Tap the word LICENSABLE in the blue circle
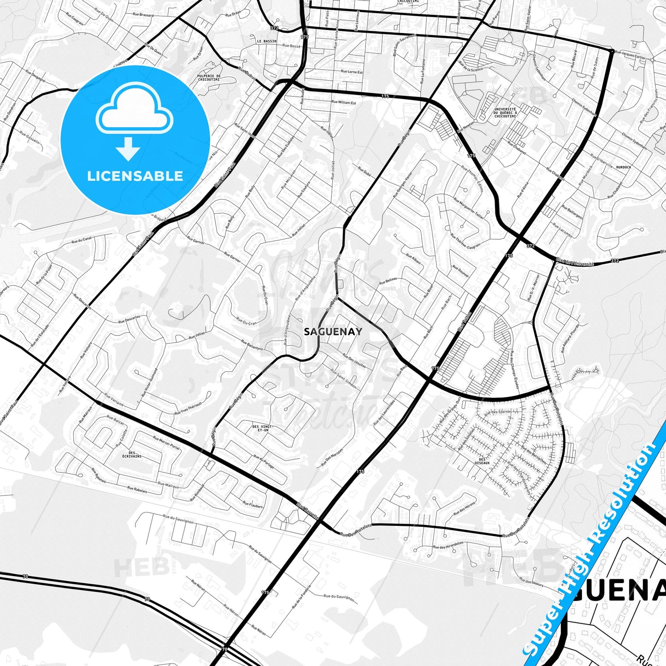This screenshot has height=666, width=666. (x=135, y=176)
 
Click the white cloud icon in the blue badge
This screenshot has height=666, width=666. (x=134, y=111)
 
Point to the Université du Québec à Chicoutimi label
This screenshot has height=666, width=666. (x=505, y=112)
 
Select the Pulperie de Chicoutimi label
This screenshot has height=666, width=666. (x=209, y=77)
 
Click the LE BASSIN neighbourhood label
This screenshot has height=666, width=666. (x=267, y=41)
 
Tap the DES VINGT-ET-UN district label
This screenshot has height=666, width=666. (x=263, y=428)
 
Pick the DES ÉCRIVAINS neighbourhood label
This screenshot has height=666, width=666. (x=132, y=454)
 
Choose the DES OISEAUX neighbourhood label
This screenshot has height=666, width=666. (x=482, y=461)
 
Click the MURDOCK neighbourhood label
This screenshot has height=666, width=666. (x=623, y=167)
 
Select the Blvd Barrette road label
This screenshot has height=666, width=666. (x=308, y=511)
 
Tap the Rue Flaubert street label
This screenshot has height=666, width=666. (x=253, y=505)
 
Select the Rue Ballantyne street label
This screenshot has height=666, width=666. (x=252, y=345)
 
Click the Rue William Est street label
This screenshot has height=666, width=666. (x=344, y=102)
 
